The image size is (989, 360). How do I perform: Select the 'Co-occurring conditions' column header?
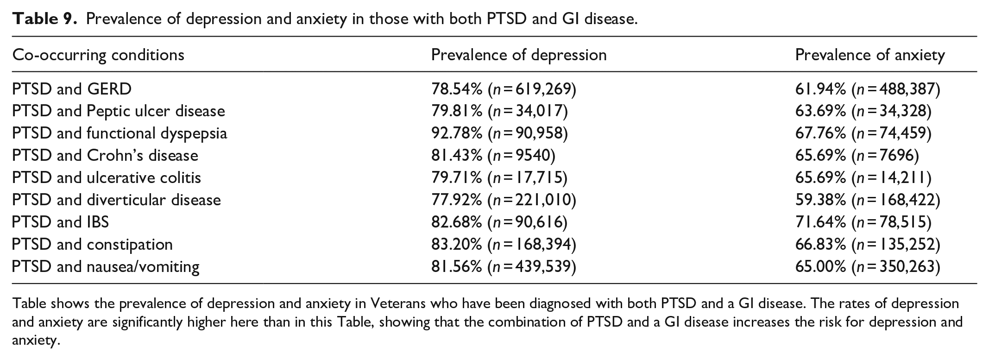tap(98, 55)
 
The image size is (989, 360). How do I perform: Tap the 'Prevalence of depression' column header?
tap(519, 55)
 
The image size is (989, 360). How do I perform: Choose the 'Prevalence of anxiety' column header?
tap(870, 55)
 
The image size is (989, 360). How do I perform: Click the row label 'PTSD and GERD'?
tap(72, 89)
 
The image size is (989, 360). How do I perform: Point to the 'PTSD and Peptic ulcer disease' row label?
tap(119, 111)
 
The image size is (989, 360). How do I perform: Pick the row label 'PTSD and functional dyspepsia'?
tap(120, 133)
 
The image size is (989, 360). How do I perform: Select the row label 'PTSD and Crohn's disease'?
tap(105, 156)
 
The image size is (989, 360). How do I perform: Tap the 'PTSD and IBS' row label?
tap(61, 222)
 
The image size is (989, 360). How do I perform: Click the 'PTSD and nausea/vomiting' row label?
tap(106, 267)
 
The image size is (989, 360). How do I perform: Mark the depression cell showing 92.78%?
tap(499, 133)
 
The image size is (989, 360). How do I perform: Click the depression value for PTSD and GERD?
tap(504, 89)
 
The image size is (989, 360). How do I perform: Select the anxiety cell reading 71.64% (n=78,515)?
tap(863, 222)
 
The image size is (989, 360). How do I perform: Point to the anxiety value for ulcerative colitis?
tap(863, 178)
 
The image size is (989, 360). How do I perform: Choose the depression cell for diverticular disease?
tap(504, 200)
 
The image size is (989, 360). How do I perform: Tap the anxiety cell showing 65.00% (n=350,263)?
tap(868, 267)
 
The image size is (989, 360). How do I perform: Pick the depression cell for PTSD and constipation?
tap(504, 245)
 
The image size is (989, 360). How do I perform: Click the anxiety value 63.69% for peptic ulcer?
tap(863, 111)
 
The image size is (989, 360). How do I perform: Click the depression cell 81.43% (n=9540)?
tap(493, 156)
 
